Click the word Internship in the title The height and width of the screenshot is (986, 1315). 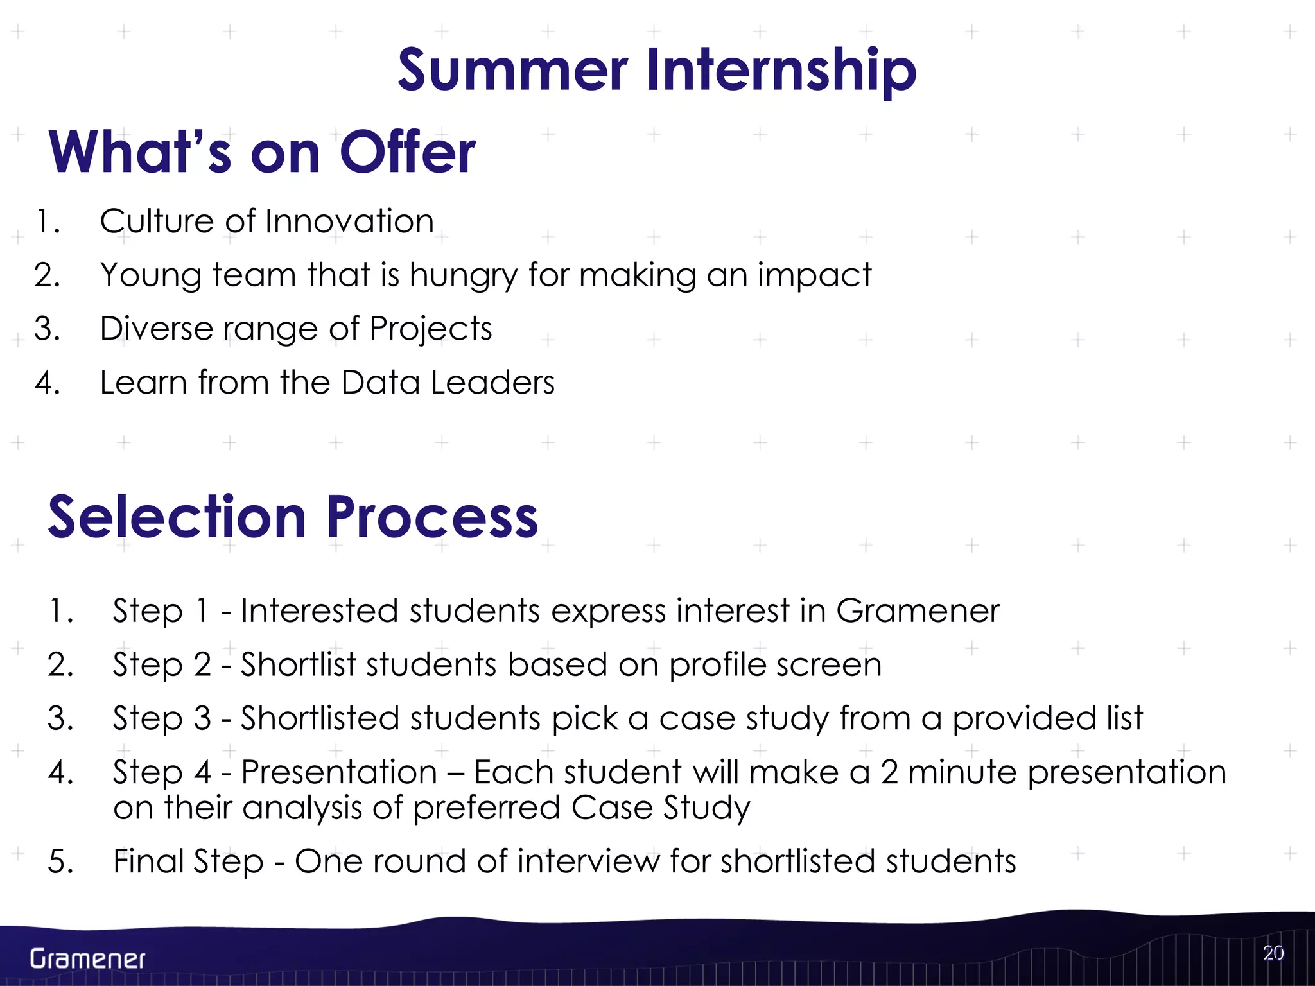781,71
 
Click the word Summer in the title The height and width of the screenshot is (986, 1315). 512,71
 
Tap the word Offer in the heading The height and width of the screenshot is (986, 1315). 408,153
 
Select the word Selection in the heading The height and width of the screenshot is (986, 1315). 177,517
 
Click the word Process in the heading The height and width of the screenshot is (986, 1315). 432,517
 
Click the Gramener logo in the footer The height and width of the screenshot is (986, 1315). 88,959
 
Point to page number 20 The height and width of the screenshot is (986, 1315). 1273,953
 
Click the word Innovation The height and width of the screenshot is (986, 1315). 349,221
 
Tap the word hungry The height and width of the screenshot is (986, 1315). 463,276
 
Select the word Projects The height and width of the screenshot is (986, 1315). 431,329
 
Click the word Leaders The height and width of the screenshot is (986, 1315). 492,383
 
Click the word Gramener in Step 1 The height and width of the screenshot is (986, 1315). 918,610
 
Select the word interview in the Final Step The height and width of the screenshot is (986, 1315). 588,861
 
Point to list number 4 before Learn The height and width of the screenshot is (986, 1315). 47,383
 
